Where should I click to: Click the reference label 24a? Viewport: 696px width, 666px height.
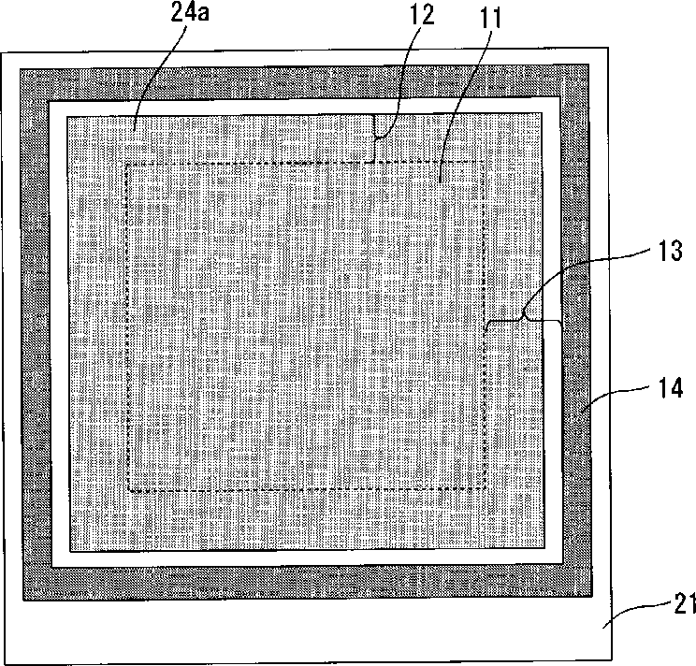(190, 12)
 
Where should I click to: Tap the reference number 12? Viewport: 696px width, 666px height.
(421, 16)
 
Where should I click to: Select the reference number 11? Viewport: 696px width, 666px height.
(490, 19)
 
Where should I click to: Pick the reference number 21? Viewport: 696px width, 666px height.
(685, 603)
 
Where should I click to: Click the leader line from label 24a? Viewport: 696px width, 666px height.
(156, 73)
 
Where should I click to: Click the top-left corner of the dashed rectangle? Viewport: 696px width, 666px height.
(127, 165)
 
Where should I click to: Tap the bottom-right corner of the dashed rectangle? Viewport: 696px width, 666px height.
(486, 487)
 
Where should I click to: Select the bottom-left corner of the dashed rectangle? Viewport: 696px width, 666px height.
(129, 491)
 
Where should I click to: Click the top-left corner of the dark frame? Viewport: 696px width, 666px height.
(21, 69)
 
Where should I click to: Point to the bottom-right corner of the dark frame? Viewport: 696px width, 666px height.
(591, 596)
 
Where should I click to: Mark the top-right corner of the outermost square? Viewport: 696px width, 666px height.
(608, 48)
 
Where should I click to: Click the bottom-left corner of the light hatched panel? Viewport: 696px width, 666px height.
(70, 552)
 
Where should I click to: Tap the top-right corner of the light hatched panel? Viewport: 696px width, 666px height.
(542, 113)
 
